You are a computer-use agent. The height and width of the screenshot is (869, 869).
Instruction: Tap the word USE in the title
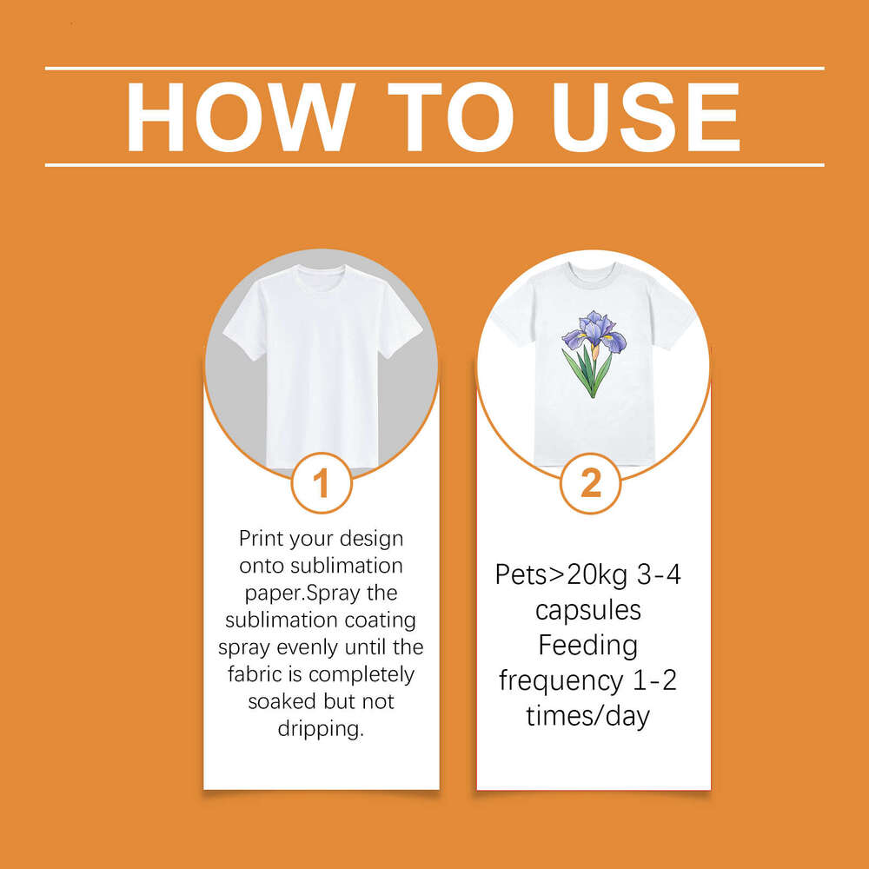click(x=647, y=117)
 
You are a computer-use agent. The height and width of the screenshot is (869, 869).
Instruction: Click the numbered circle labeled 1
click(x=322, y=482)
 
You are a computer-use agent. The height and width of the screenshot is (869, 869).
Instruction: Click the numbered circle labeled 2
click(x=590, y=482)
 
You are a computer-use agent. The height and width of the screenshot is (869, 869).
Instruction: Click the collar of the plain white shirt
click(x=321, y=271)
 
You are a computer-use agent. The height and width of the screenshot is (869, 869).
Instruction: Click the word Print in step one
click(x=261, y=538)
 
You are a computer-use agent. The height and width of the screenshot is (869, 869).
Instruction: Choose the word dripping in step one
click(x=321, y=728)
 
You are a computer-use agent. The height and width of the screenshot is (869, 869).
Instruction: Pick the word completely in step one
click(x=362, y=674)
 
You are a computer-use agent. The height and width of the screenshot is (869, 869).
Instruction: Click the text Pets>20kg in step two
click(x=561, y=575)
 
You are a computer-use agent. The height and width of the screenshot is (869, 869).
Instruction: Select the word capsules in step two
click(x=588, y=611)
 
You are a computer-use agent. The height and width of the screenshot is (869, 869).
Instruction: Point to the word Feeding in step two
click(x=588, y=647)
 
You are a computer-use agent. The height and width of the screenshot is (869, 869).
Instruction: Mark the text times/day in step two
click(x=588, y=715)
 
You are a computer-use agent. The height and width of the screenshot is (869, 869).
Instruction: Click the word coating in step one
click(x=381, y=620)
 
